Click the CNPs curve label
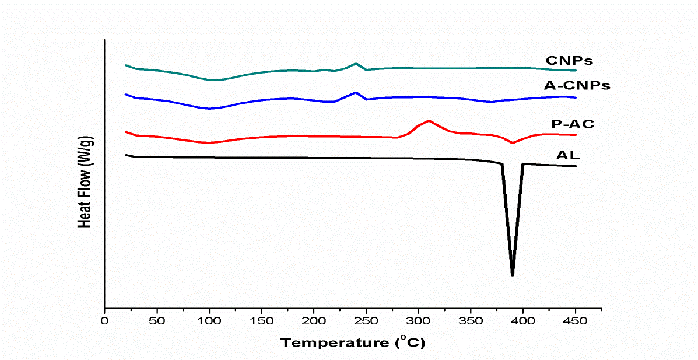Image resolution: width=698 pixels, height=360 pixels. [x=569, y=60]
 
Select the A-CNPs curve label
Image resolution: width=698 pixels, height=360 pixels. [x=577, y=85]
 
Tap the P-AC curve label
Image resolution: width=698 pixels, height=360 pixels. [x=572, y=124]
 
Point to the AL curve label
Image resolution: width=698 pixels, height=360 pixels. [x=568, y=155]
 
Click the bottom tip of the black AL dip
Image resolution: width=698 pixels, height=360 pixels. [x=513, y=274]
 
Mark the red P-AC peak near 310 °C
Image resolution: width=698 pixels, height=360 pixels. [x=429, y=121]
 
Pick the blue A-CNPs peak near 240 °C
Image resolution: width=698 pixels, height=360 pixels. [x=356, y=92]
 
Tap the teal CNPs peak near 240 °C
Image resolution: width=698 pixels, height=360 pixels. [x=356, y=63]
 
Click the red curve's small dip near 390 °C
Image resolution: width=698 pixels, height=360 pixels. [x=513, y=142]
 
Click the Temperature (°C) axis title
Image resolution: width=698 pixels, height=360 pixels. [x=353, y=342]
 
